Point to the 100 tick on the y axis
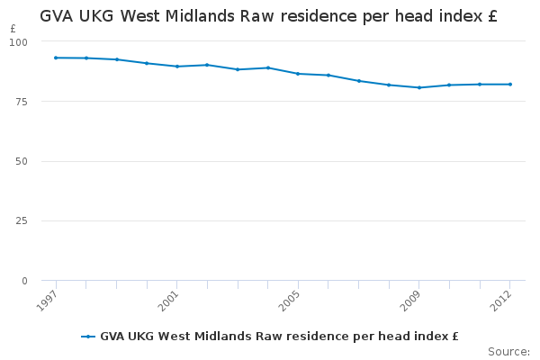click(x=20, y=41)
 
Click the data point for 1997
click(x=56, y=58)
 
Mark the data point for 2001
click(x=176, y=67)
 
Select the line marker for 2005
click(x=298, y=74)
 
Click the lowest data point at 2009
click(x=418, y=87)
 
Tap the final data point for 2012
click(x=509, y=85)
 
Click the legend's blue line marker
click(x=88, y=337)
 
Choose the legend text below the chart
click(x=279, y=337)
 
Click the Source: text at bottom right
click(x=508, y=351)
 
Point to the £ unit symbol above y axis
click(x=13, y=29)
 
